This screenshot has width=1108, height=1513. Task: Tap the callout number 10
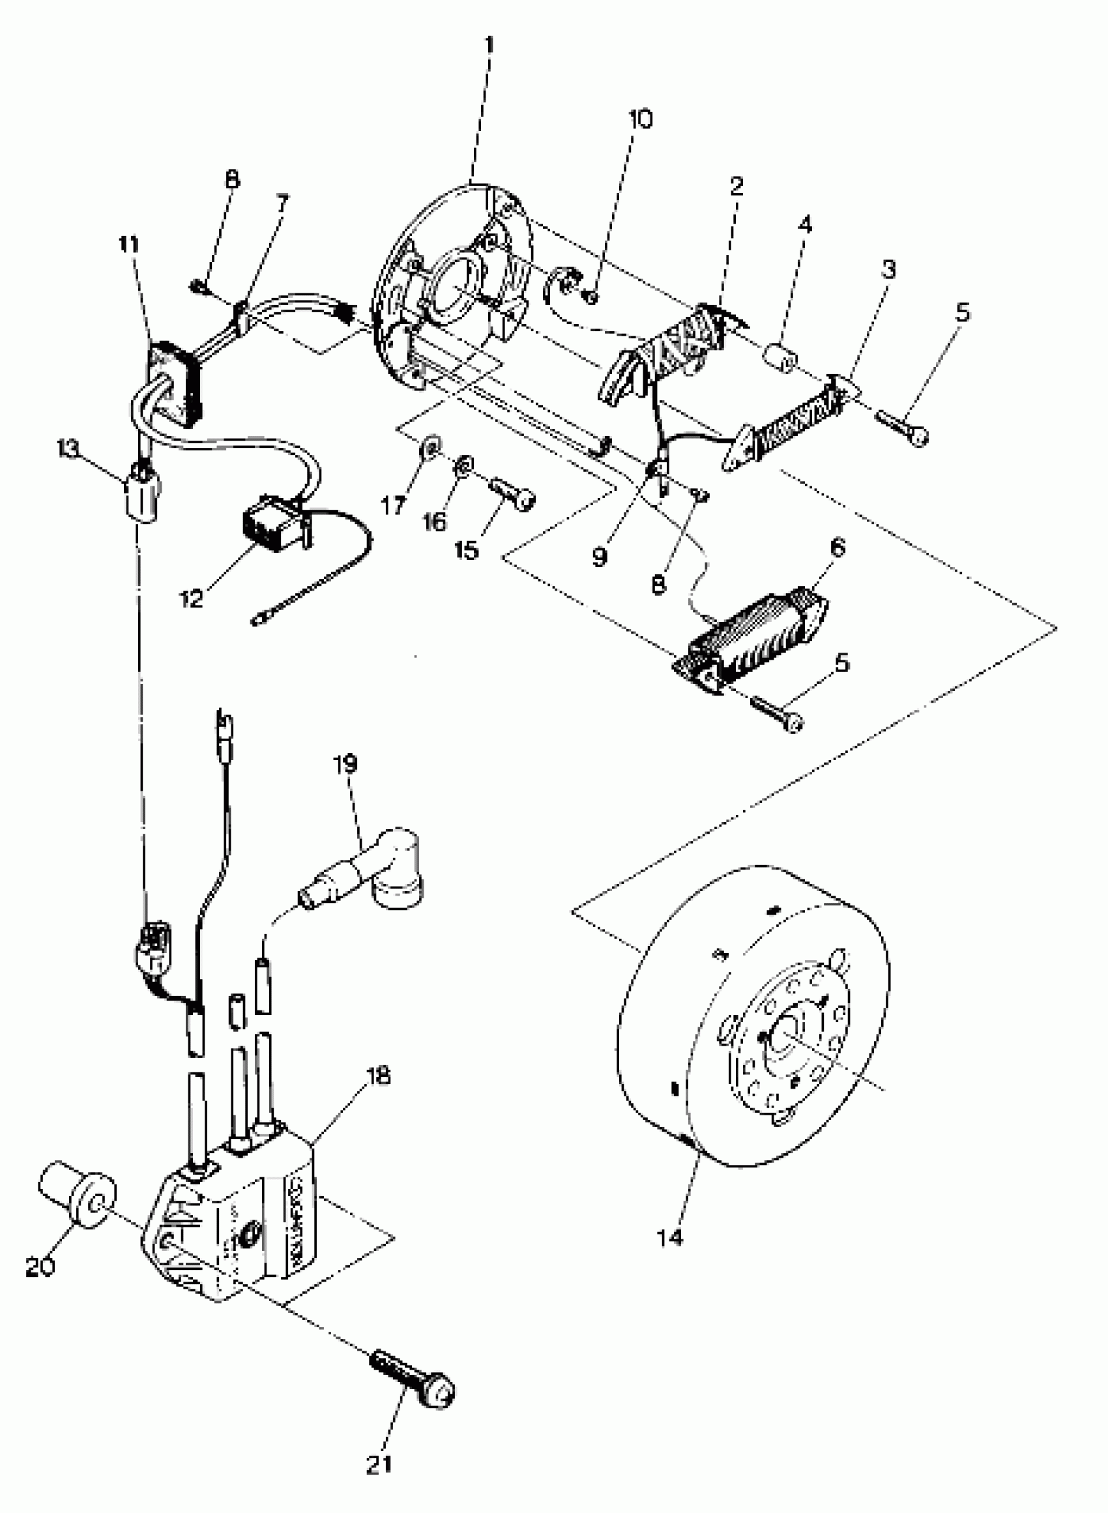pos(640,119)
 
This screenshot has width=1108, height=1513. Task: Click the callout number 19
pos(346,764)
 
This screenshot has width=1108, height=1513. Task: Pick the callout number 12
pos(191,599)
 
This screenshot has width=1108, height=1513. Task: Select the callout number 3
pos(888,270)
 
